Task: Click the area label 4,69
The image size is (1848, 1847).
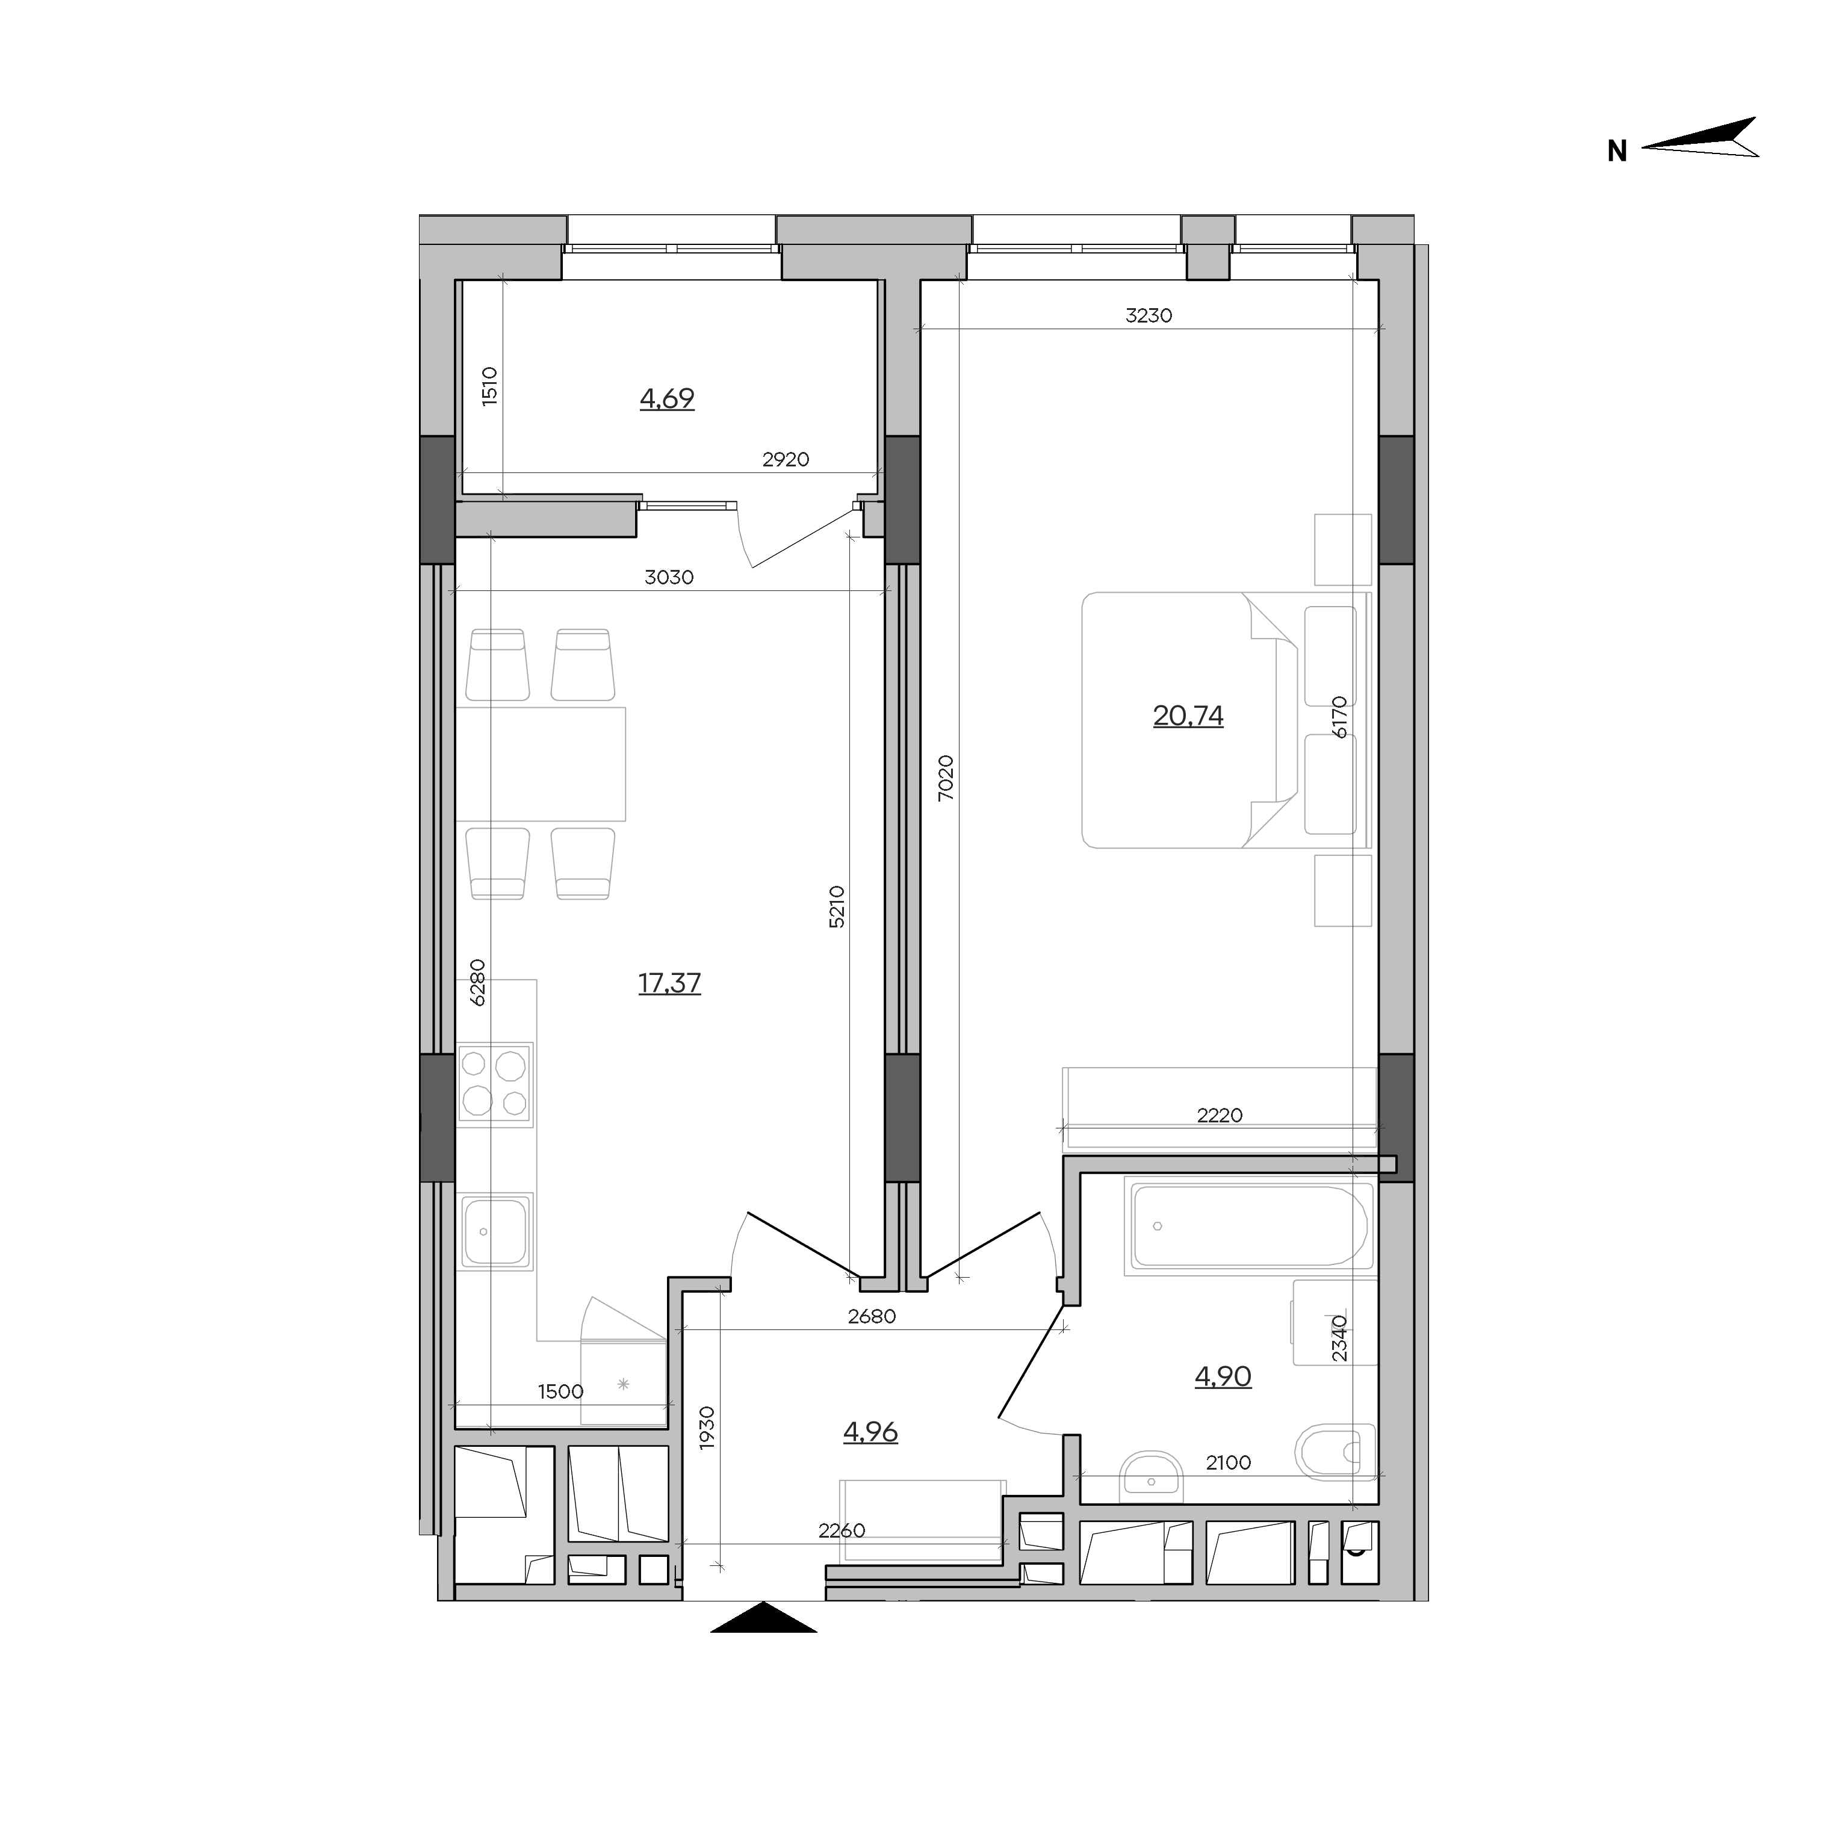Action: coord(667,399)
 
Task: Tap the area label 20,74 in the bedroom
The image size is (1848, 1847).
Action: coord(1188,716)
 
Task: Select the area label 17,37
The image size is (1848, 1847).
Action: coord(669,983)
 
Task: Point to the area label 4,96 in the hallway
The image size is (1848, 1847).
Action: coord(870,1432)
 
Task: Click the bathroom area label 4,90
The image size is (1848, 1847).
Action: coord(1223,1376)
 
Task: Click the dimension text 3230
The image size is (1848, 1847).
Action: coord(1149,315)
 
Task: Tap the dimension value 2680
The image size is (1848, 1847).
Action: coord(872,1316)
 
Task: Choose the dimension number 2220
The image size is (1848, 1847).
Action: coord(1220,1115)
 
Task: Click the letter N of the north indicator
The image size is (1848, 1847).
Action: coord(1616,151)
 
